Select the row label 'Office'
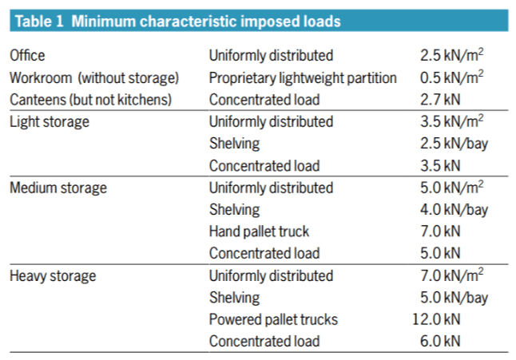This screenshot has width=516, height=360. click(x=27, y=56)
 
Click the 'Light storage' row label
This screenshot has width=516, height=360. click(x=50, y=122)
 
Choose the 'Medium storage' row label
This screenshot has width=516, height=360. click(x=58, y=188)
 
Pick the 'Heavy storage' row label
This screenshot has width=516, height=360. click(x=53, y=276)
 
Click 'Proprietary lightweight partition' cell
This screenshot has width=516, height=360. click(x=303, y=78)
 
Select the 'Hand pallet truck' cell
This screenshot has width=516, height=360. click(x=259, y=232)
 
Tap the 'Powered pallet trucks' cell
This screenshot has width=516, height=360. click(x=273, y=320)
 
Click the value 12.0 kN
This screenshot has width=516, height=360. click(x=437, y=320)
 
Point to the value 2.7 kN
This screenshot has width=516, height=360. click(x=440, y=100)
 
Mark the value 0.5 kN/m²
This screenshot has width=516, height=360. click(x=451, y=78)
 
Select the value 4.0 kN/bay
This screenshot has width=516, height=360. click(x=454, y=210)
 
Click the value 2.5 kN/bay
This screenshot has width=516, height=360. click(x=454, y=144)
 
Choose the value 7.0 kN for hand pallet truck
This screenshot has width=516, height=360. click(x=440, y=232)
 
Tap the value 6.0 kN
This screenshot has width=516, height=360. click(x=440, y=342)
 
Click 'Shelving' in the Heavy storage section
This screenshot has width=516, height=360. click(x=234, y=298)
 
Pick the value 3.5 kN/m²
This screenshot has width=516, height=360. click(x=451, y=122)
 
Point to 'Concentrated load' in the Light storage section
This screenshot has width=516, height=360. click(x=264, y=166)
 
